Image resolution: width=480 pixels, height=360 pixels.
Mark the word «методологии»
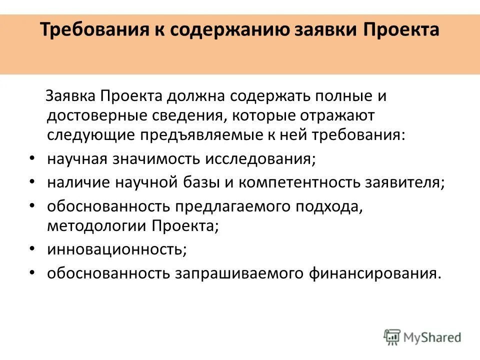click(x=95, y=225)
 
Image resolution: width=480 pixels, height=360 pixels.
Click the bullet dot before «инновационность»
click(x=32, y=248)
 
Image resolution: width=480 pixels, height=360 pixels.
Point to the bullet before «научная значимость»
click(x=32, y=158)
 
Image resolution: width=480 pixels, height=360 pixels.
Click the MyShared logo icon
click(x=392, y=336)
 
